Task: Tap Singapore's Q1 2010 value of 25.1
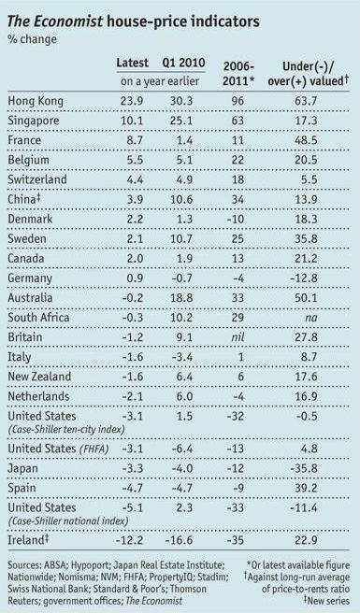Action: tap(184, 121)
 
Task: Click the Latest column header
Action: tap(133, 63)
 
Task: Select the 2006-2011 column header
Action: tap(241, 71)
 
